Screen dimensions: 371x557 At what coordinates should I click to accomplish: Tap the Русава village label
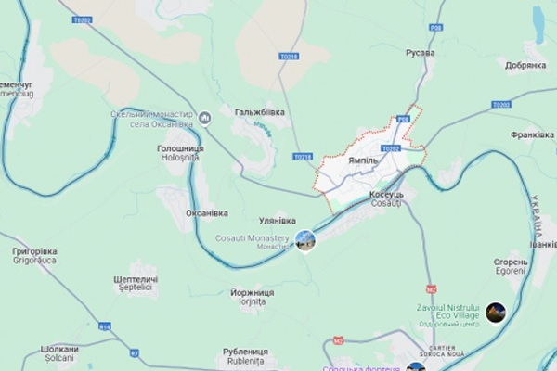click(x=420, y=52)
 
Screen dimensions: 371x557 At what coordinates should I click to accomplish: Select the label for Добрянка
click(x=525, y=65)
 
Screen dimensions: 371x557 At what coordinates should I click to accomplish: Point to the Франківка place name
click(x=532, y=134)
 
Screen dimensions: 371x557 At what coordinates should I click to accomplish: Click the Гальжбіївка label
click(x=259, y=112)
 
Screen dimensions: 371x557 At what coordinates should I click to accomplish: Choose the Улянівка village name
click(x=277, y=220)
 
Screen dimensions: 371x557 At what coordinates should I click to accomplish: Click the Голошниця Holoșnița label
click(x=180, y=152)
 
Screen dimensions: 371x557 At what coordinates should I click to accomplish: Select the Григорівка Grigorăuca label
click(x=34, y=255)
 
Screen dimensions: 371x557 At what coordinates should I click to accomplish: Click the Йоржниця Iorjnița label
click(x=252, y=297)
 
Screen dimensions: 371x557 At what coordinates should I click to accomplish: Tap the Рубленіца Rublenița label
click(x=245, y=356)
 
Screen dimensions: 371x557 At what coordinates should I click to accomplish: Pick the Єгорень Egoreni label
click(x=511, y=267)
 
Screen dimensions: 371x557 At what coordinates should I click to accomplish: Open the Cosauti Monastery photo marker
click(x=305, y=241)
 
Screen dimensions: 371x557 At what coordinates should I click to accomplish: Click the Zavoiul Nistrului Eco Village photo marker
click(x=496, y=313)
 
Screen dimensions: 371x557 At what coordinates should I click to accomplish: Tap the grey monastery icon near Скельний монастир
click(x=205, y=117)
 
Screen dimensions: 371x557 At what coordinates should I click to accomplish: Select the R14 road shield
click(x=105, y=326)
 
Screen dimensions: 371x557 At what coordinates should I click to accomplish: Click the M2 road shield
click(x=431, y=288)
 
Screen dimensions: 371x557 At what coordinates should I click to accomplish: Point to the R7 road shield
click(x=135, y=353)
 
